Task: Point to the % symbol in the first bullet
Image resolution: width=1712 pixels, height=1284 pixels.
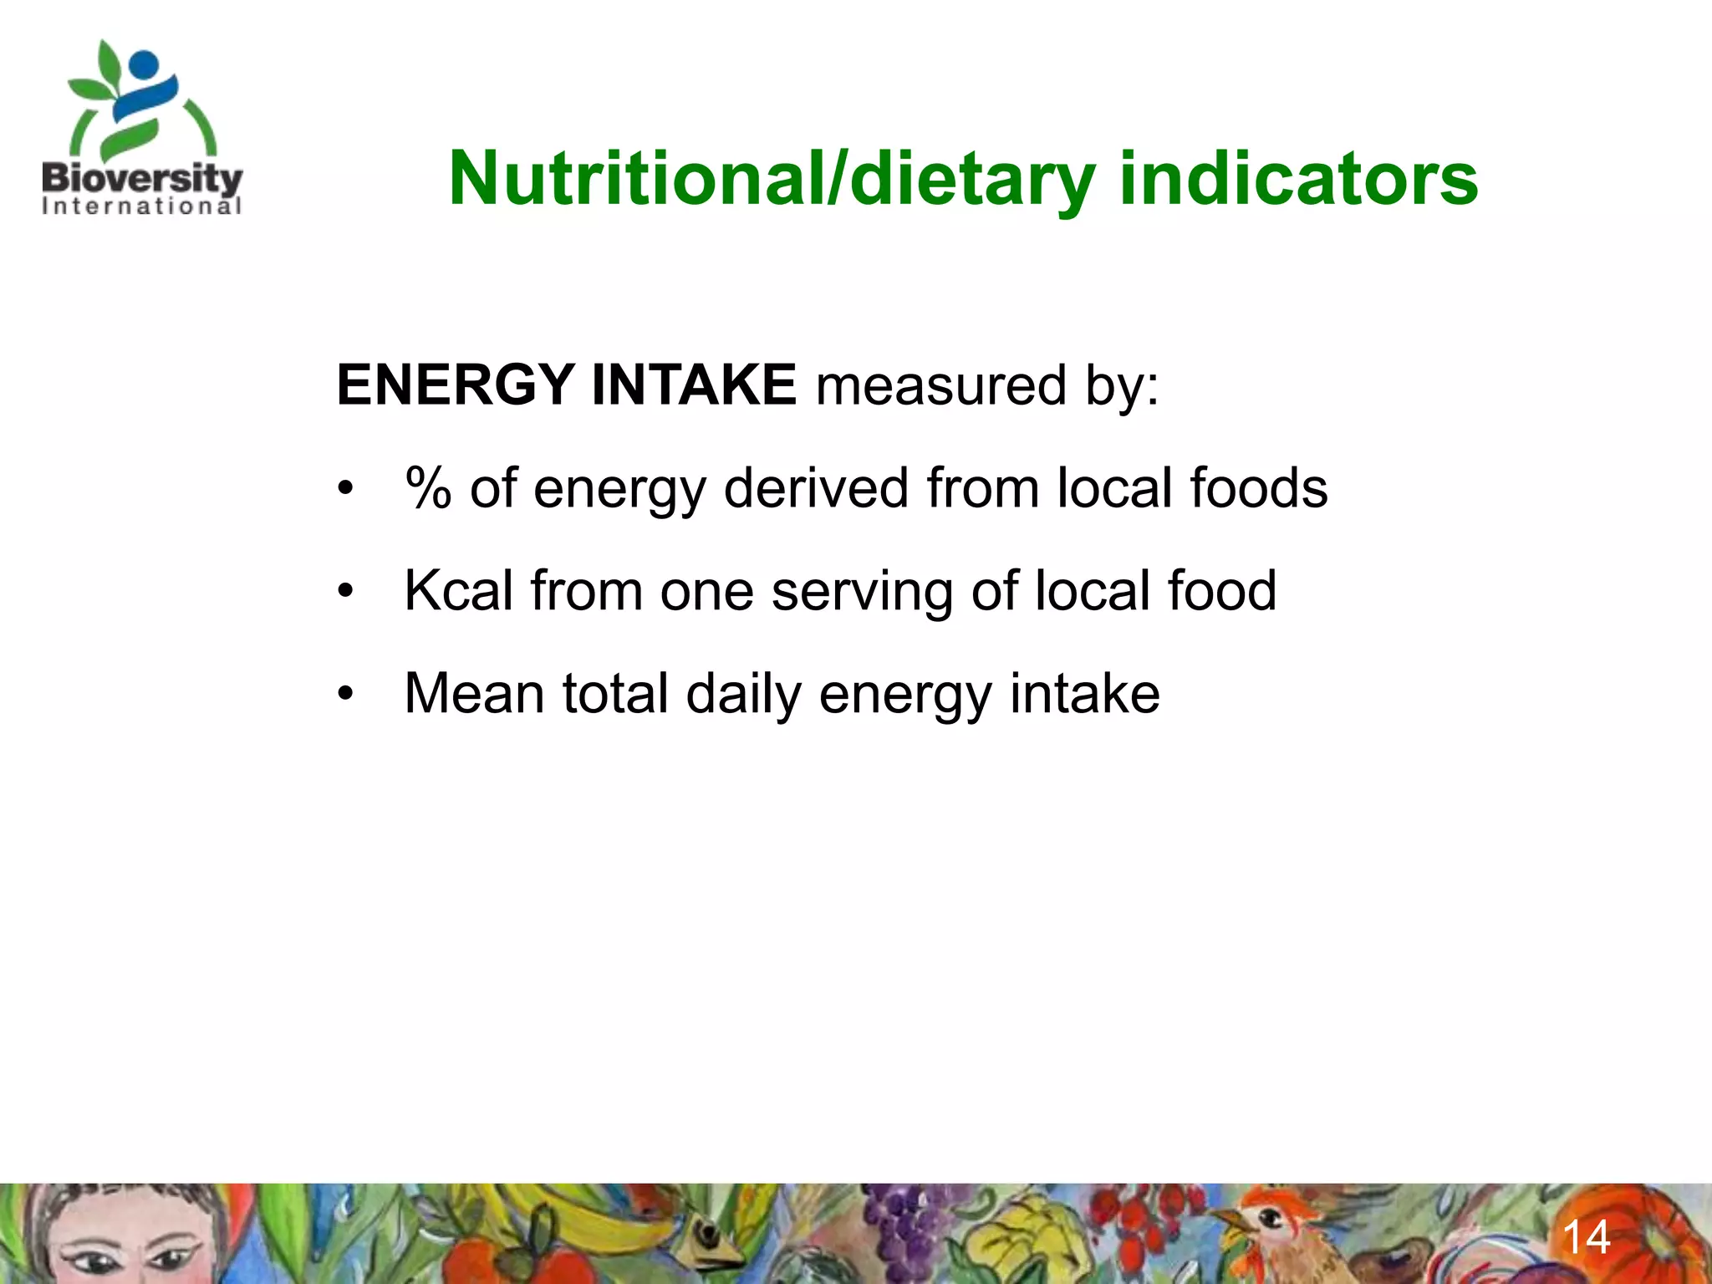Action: [428, 488]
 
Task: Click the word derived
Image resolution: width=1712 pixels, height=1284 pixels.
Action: [816, 488]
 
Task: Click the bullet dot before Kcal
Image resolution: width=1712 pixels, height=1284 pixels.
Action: [346, 592]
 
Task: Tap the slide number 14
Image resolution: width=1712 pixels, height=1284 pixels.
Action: [1586, 1237]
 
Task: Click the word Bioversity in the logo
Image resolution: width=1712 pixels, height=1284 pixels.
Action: [142, 178]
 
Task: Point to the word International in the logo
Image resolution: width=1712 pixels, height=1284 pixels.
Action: [142, 206]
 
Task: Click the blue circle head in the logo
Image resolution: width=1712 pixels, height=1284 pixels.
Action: [144, 64]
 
